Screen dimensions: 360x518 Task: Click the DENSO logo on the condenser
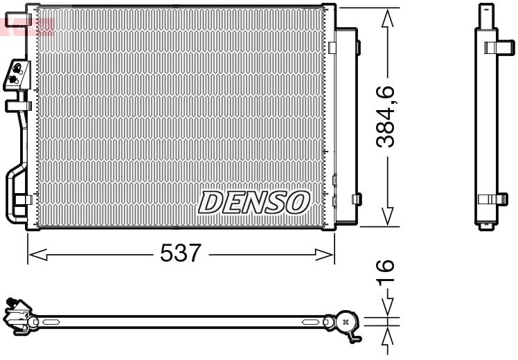click(x=254, y=201)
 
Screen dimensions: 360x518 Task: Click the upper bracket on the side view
click(x=494, y=48)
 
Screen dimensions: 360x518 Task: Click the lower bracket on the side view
click(x=494, y=199)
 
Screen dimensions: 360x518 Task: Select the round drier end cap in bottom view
click(x=346, y=321)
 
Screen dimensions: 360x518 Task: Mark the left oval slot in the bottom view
click(x=52, y=323)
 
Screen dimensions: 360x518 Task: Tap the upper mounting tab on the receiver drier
click(x=357, y=47)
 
